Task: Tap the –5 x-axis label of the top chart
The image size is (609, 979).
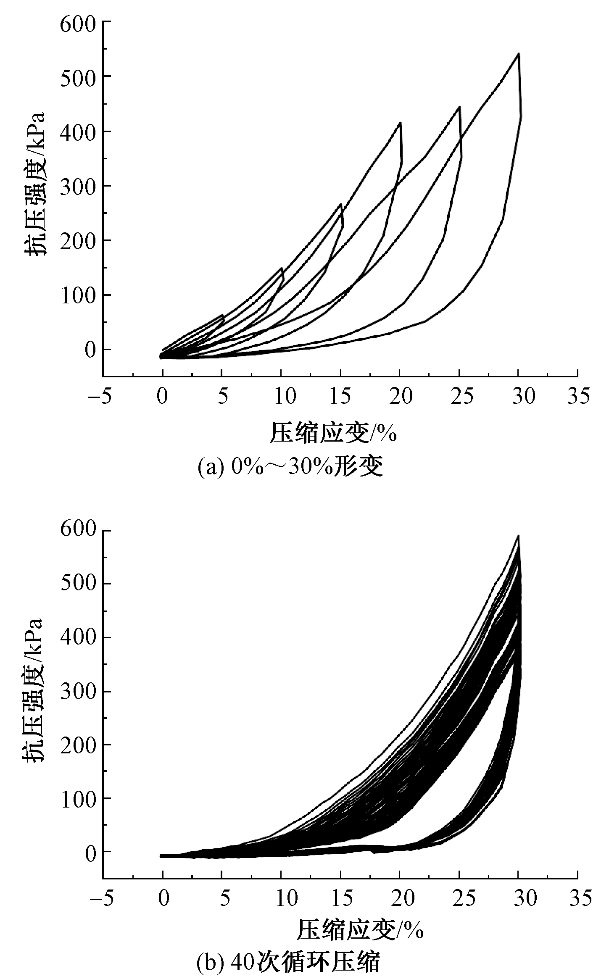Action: pyautogui.click(x=100, y=396)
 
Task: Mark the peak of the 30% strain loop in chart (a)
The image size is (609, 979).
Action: pyautogui.click(x=519, y=54)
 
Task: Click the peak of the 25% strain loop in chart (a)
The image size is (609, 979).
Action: pyautogui.click(x=459, y=107)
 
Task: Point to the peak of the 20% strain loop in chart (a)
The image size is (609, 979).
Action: pyautogui.click(x=400, y=123)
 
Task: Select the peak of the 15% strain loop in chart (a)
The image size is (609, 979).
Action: pyautogui.click(x=341, y=204)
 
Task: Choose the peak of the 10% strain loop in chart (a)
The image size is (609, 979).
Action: pyautogui.click(x=282, y=268)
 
